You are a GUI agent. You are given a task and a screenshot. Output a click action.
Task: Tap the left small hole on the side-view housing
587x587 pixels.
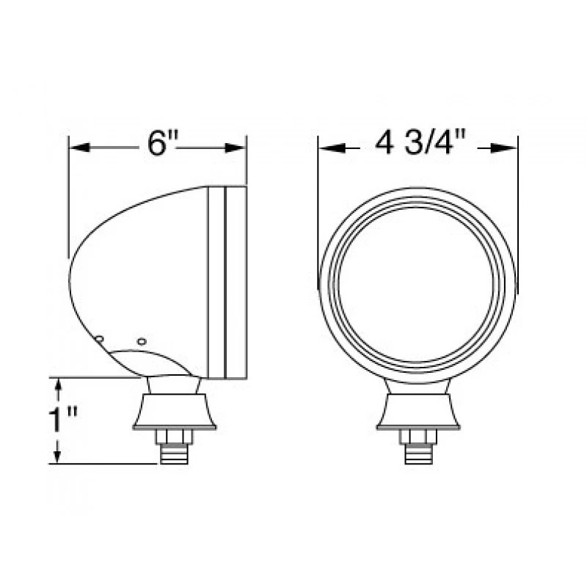99,338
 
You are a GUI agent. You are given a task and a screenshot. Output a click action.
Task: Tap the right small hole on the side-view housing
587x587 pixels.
142,341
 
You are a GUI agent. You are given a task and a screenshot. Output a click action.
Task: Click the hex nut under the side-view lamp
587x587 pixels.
174,437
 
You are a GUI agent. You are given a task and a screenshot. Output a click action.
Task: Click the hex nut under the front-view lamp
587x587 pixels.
418,437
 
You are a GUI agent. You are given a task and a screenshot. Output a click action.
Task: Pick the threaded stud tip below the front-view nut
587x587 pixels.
418,455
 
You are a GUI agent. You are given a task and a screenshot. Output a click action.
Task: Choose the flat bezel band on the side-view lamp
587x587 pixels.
227,282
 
